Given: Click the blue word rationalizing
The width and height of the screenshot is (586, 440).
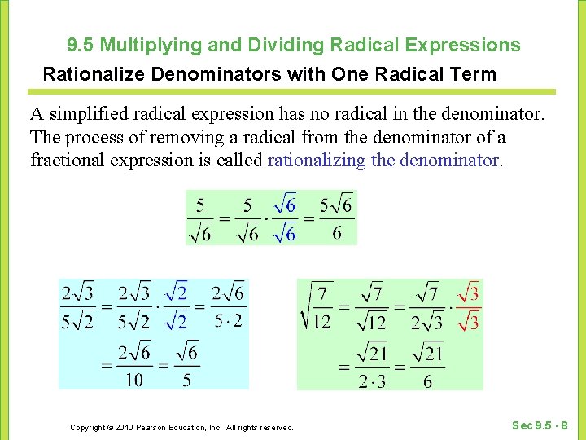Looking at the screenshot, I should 317,160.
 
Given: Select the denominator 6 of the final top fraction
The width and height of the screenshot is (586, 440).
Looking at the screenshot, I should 337,234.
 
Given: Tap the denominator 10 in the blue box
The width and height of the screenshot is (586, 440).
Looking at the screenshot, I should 134,380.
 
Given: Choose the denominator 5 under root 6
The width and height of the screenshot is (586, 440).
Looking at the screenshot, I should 187,380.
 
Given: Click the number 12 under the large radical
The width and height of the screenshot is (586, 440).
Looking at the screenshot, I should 321,322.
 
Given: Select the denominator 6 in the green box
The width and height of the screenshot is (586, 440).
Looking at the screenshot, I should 428,381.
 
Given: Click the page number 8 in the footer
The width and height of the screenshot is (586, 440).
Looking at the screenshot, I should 565,425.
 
